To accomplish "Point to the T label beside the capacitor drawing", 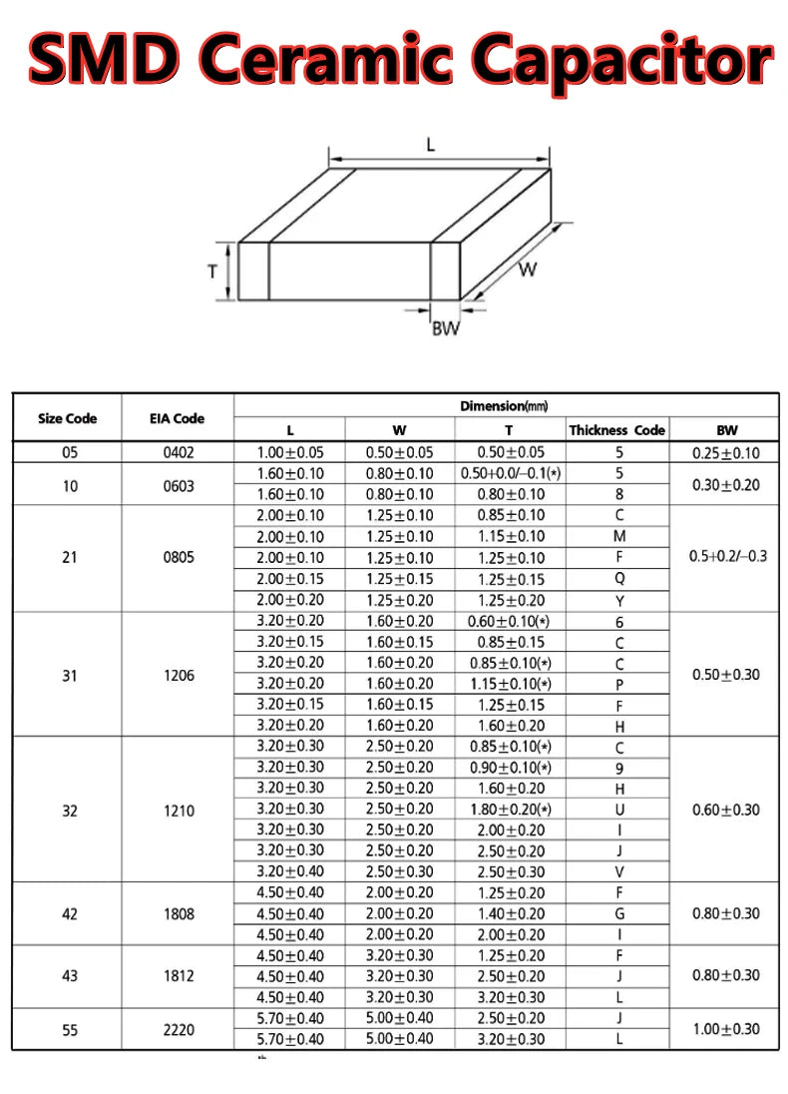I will coord(212,271).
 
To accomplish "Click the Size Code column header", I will coord(67,418).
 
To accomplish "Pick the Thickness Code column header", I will coord(616,430).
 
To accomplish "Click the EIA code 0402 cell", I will coord(178,452).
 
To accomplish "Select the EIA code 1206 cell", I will coord(178,675).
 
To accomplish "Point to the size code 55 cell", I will coord(69,1029).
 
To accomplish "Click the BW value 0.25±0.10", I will coord(726,452).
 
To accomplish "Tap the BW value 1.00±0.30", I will coord(726,1029).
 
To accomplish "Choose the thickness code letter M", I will coord(619,536).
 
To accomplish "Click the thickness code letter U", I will coord(619,809).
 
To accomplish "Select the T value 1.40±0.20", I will coord(509,913).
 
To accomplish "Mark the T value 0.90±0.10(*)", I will coord(509,767).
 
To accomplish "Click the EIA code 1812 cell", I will coord(178,975).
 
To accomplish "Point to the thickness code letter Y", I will coord(619,601).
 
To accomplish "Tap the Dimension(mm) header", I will coord(505,405).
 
